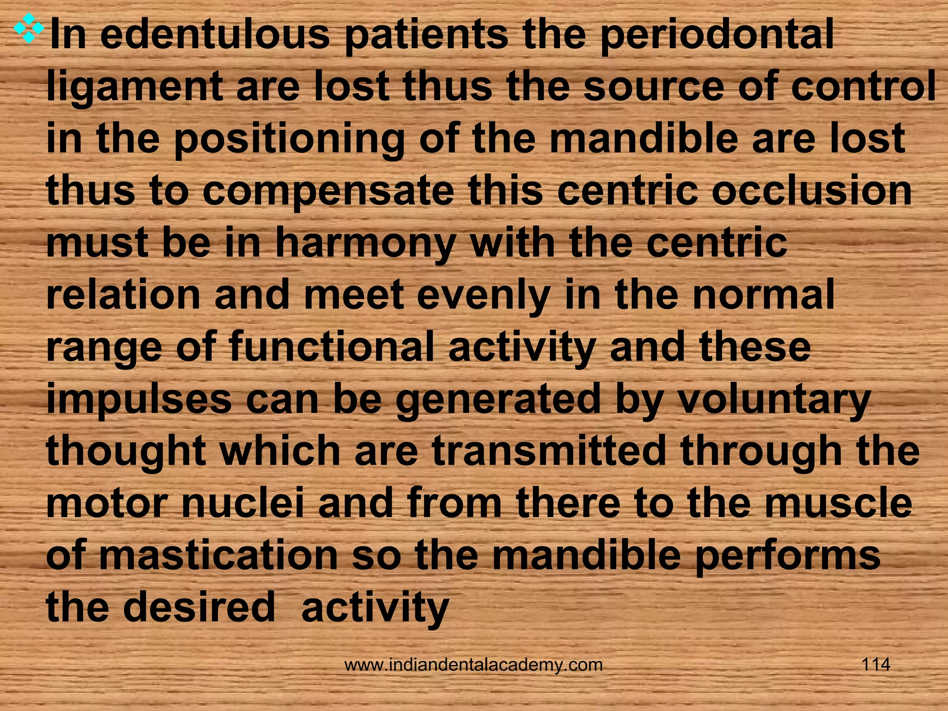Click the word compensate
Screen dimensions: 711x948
pos(328,193)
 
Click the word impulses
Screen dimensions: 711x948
pos(139,401)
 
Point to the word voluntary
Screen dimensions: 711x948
pos(773,400)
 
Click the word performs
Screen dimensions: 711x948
pos(787,556)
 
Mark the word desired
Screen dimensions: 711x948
pos(199,607)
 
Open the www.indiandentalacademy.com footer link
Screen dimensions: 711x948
pos(474,665)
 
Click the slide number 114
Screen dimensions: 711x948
pos(875,665)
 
